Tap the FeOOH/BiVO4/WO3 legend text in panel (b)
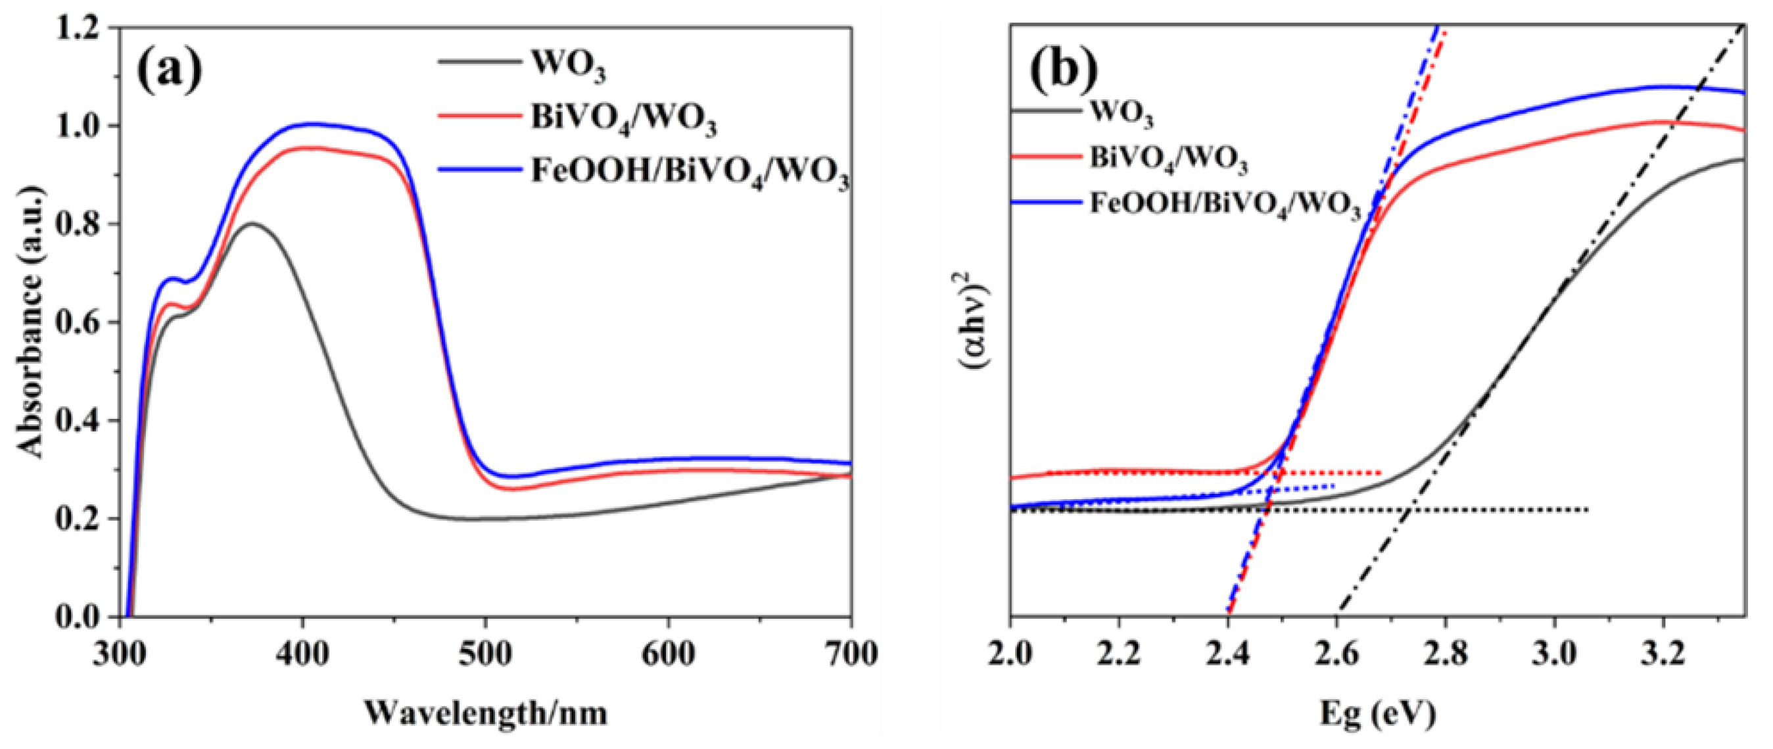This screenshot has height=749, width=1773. [x=1226, y=205]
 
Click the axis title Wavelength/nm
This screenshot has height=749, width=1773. [x=486, y=713]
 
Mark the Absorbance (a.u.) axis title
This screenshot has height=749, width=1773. [x=32, y=322]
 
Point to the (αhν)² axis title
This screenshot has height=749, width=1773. [x=976, y=323]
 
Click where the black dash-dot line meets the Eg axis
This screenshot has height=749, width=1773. [x=1336, y=615]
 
